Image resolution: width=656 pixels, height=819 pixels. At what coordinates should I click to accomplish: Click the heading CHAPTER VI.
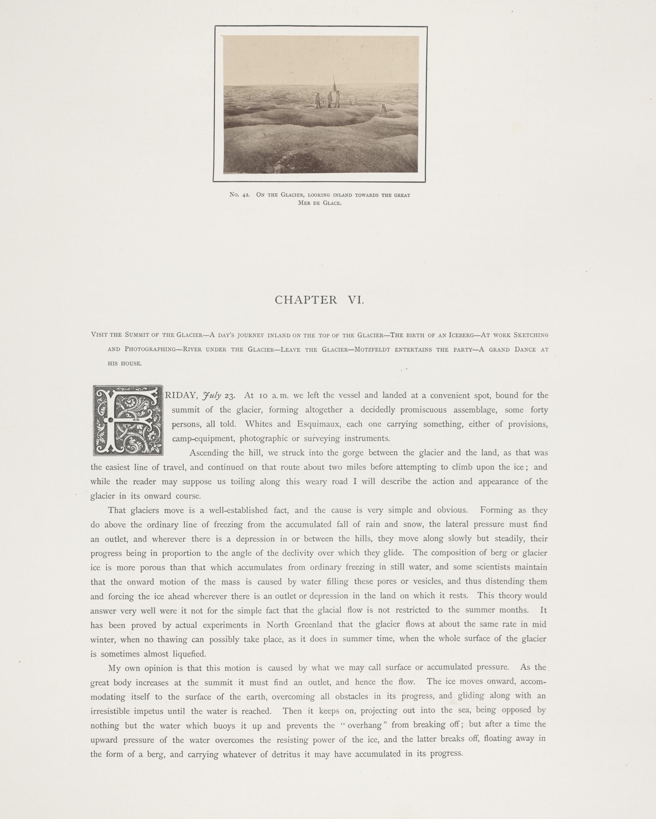[x=320, y=300]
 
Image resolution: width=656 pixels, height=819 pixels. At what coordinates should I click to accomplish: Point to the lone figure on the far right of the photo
[x=384, y=111]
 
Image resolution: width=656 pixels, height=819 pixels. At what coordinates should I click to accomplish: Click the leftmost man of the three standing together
[x=318, y=101]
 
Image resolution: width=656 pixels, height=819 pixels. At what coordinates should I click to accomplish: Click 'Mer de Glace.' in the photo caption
[x=320, y=203]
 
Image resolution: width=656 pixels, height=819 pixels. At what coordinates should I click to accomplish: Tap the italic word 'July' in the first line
[x=212, y=396]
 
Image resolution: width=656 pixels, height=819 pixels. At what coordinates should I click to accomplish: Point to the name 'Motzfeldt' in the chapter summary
[x=372, y=349]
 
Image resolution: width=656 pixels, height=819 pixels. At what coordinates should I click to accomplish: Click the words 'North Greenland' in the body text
[x=299, y=625]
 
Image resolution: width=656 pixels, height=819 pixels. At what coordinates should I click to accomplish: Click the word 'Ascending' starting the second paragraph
[x=208, y=453]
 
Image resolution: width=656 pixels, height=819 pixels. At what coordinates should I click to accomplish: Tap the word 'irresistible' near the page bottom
[x=110, y=711]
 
